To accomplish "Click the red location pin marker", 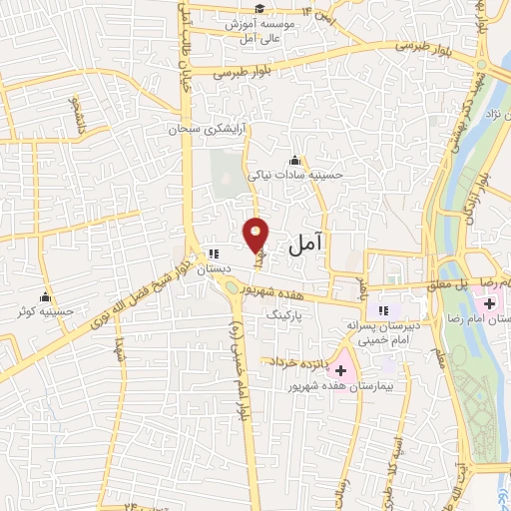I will [x=256, y=235].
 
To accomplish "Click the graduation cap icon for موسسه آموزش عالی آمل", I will [x=259, y=9].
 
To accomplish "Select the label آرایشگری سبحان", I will [x=175, y=130].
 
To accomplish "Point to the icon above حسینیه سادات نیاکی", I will [x=294, y=160].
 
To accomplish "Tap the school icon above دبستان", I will [x=213, y=254].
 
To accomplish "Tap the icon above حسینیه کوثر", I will [x=45, y=296].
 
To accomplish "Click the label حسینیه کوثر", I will [x=45, y=311].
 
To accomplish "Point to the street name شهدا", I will [x=121, y=352].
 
